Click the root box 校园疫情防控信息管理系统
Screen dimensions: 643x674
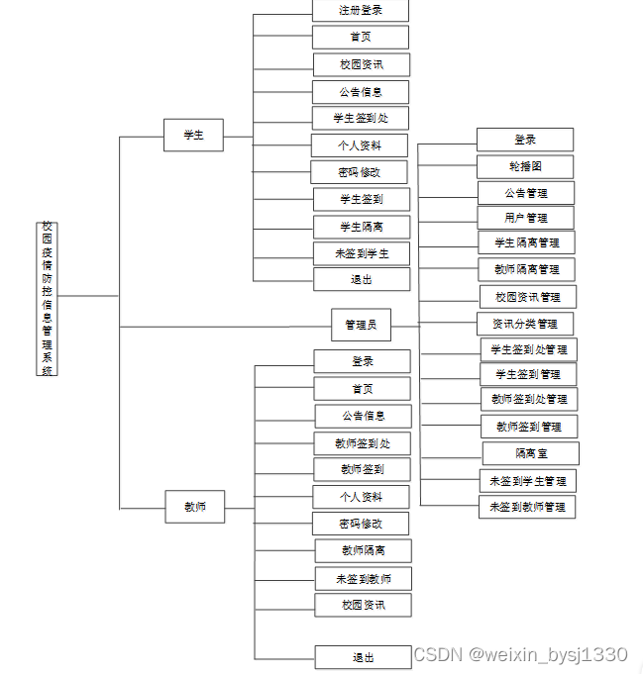[x=48, y=298]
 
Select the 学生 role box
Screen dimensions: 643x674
[x=193, y=135]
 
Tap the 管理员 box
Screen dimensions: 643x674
[x=361, y=325]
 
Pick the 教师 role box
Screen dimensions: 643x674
[x=195, y=507]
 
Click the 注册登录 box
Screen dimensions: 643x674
[x=361, y=11]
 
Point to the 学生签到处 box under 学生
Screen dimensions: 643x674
[x=361, y=118]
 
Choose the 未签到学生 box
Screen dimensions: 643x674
[x=362, y=253]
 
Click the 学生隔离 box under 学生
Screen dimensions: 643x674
[x=362, y=227]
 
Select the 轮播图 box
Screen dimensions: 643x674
[x=526, y=166]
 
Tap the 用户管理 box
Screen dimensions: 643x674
[x=526, y=218]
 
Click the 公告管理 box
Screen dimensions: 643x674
[x=526, y=193]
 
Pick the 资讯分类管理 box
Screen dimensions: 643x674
[x=525, y=324]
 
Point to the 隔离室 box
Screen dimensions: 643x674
[x=531, y=453]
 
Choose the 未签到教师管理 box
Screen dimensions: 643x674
[x=527, y=507]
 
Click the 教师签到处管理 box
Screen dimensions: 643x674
[x=529, y=399]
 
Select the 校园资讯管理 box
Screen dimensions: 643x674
[x=528, y=297]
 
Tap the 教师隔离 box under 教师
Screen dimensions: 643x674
[x=364, y=550]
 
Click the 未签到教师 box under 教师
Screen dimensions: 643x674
[x=364, y=578]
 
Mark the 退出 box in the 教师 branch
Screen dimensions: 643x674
[x=363, y=657]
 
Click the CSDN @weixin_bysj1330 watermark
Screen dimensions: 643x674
[x=520, y=655]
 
